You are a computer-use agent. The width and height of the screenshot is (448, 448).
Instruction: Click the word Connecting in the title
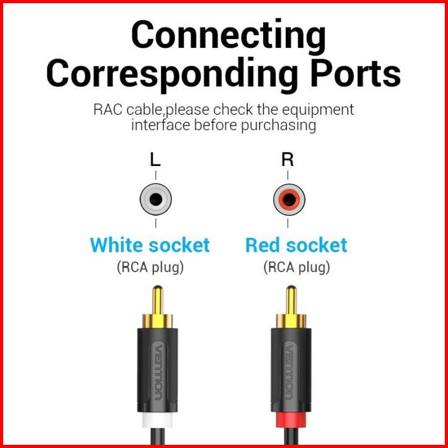click(228, 37)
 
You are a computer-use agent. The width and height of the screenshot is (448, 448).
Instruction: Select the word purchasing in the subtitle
click(278, 126)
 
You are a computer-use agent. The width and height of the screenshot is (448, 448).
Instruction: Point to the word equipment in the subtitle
click(318, 110)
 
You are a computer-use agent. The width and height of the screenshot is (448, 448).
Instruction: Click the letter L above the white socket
click(155, 160)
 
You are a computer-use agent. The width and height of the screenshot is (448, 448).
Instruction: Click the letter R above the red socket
click(288, 160)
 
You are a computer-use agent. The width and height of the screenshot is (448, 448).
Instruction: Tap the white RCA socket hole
click(156, 199)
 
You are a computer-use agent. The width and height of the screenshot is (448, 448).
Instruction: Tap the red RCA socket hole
click(289, 199)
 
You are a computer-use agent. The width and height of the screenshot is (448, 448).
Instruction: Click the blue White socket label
click(150, 245)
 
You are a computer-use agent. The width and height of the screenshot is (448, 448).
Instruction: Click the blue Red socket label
click(297, 245)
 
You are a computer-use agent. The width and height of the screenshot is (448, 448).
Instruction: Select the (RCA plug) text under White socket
click(150, 268)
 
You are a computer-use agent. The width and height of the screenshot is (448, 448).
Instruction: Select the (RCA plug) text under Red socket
click(297, 268)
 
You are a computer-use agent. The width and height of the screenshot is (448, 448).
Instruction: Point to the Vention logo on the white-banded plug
click(157, 372)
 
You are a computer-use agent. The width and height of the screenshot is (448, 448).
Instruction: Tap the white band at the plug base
click(157, 420)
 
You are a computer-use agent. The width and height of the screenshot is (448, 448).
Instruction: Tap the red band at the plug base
click(291, 420)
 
